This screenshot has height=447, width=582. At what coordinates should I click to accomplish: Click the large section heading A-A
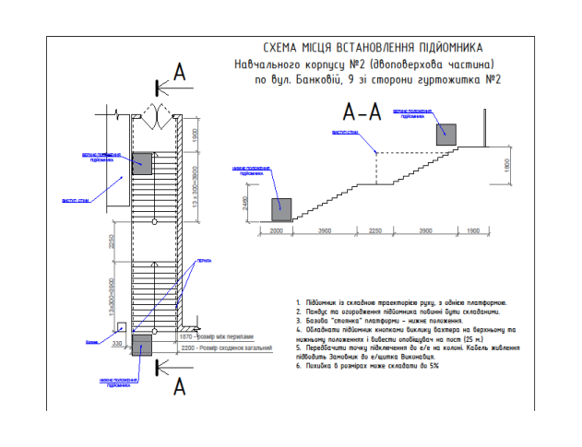tap(363, 114)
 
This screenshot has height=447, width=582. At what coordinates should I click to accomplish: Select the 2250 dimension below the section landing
tap(377, 230)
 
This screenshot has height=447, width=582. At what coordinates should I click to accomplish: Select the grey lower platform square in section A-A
tap(279, 208)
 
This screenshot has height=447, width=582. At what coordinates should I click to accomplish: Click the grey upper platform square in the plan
tap(141, 163)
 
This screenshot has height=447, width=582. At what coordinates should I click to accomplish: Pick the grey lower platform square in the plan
tap(141, 345)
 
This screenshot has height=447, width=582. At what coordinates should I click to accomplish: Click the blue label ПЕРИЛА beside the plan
tap(201, 261)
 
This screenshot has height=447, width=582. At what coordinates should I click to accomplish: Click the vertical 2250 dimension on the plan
tap(109, 241)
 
